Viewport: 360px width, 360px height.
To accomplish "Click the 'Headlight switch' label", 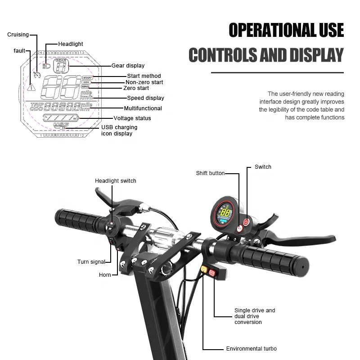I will pos(115,181).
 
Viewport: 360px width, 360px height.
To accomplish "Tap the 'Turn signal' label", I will pos(91,262).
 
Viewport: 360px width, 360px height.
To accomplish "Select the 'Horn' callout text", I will pos(105,274).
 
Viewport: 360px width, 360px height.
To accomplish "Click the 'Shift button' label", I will pos(210,173).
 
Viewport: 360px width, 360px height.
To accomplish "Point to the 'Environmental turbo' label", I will pos(251,349).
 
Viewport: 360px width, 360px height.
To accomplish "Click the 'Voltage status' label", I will pos(132,118).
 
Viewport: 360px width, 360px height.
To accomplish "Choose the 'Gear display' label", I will pos(128,66).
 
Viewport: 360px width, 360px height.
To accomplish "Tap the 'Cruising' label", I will pos(18,35).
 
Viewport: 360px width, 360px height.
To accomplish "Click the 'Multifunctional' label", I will pos(143,108).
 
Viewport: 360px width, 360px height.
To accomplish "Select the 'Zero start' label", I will pos(136,88).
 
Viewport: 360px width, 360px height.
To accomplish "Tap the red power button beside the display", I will pos(246,221).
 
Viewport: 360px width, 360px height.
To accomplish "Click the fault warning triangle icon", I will pos(31,87).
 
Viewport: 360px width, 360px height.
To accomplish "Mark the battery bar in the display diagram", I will pos(60,118).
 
